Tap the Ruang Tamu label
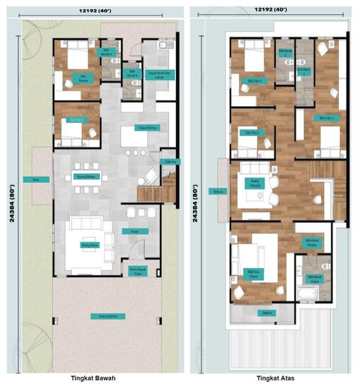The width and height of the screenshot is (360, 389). [x=89, y=245]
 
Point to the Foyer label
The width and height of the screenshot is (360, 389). [x=134, y=231]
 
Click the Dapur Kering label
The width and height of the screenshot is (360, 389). [x=147, y=127]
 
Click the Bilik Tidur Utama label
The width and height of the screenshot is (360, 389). [x=254, y=273]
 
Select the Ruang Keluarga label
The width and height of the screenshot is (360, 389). [x=252, y=182]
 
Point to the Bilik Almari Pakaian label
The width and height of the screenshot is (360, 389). [x=313, y=242]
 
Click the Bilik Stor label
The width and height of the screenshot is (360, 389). [x=170, y=162]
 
